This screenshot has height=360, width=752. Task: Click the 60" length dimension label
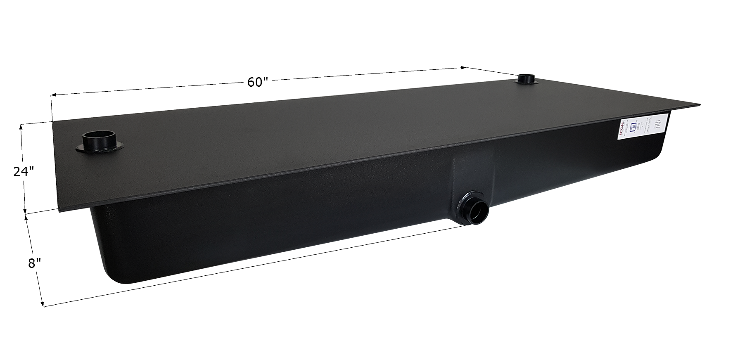(x=258, y=82)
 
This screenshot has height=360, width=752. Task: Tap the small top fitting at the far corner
(x=526, y=79)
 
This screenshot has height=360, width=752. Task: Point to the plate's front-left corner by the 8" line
(x=60, y=211)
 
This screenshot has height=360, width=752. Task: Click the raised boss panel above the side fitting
(x=474, y=169)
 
